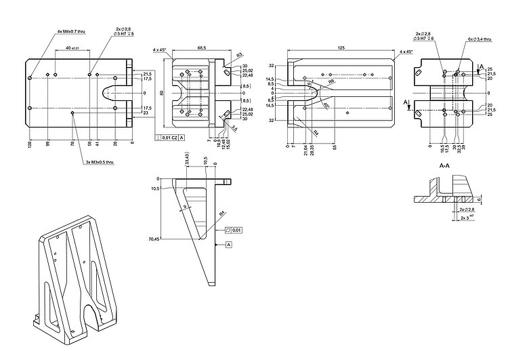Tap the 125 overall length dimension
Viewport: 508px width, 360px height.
pos(341,47)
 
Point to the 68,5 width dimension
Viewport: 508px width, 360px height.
pos(201,47)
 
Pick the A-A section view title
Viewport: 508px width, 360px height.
pos(445,166)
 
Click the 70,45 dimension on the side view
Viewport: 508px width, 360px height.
pos(153,239)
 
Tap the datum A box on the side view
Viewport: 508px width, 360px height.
pos(228,243)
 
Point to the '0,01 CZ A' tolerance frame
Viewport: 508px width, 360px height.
pos(170,138)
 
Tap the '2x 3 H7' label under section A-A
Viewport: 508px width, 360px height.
pos(467,218)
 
